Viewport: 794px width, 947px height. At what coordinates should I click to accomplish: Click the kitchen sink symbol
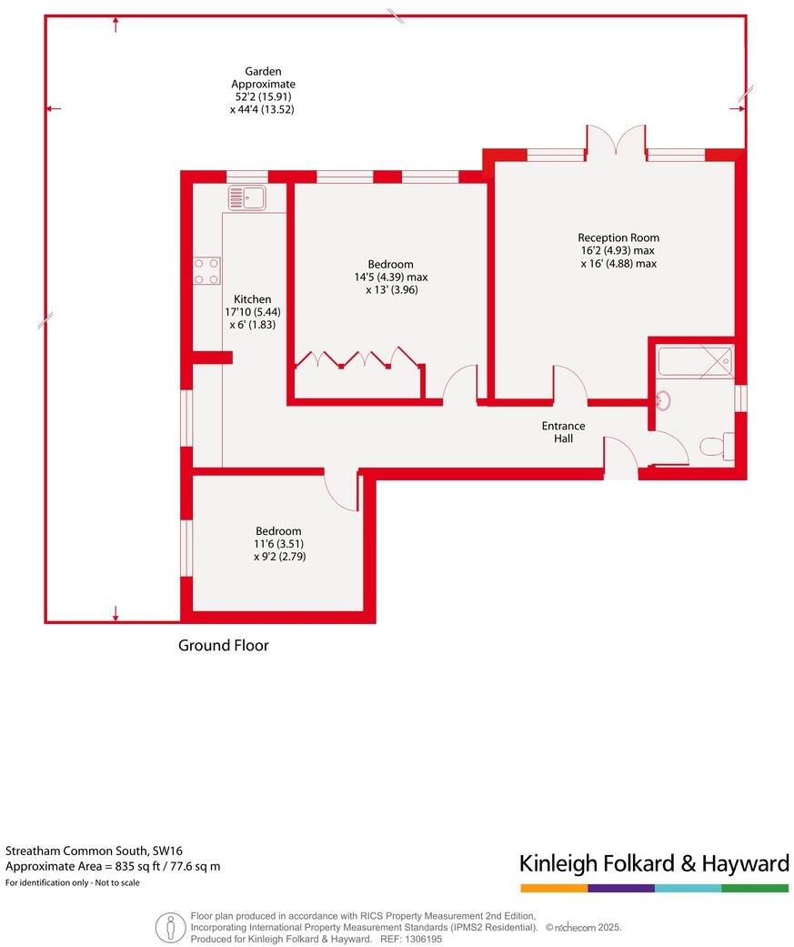pos(245,196)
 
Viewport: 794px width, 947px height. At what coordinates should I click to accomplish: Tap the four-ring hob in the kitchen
pos(206,271)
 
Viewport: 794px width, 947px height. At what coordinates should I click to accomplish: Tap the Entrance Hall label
pos(563,432)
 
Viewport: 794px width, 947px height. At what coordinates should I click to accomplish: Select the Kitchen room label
pos(252,299)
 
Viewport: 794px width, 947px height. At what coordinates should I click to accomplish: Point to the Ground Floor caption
pos(223,646)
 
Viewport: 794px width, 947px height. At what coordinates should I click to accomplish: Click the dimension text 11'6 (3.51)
pos(278,544)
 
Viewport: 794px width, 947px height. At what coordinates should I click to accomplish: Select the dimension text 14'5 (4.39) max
pos(391,277)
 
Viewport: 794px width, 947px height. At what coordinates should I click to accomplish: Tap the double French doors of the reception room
pos(616,141)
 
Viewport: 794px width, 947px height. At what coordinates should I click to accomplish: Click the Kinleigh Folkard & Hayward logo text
pos(653,862)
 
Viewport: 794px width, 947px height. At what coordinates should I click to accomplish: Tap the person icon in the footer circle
pos(169,927)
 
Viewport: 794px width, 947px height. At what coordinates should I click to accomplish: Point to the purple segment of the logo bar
pos(620,888)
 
